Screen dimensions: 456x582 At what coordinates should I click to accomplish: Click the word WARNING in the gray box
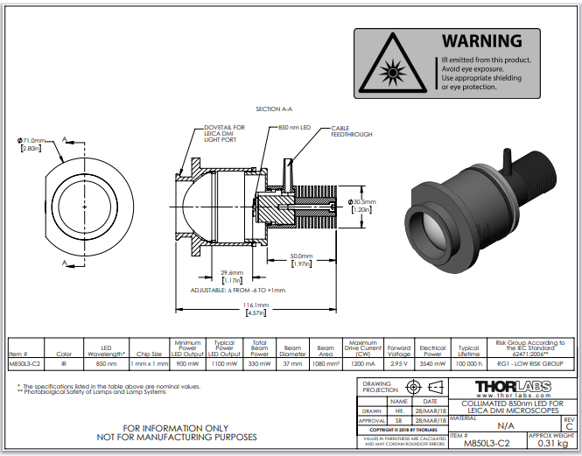481,40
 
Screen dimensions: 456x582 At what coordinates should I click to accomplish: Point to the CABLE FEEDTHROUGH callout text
351,131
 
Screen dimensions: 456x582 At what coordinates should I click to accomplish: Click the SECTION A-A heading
274,109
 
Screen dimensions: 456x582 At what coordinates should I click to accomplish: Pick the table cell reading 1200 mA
363,361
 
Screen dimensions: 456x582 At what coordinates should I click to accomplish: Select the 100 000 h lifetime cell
469,361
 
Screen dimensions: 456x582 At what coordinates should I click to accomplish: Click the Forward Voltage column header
398,349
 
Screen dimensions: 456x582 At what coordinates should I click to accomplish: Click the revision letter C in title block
569,426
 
